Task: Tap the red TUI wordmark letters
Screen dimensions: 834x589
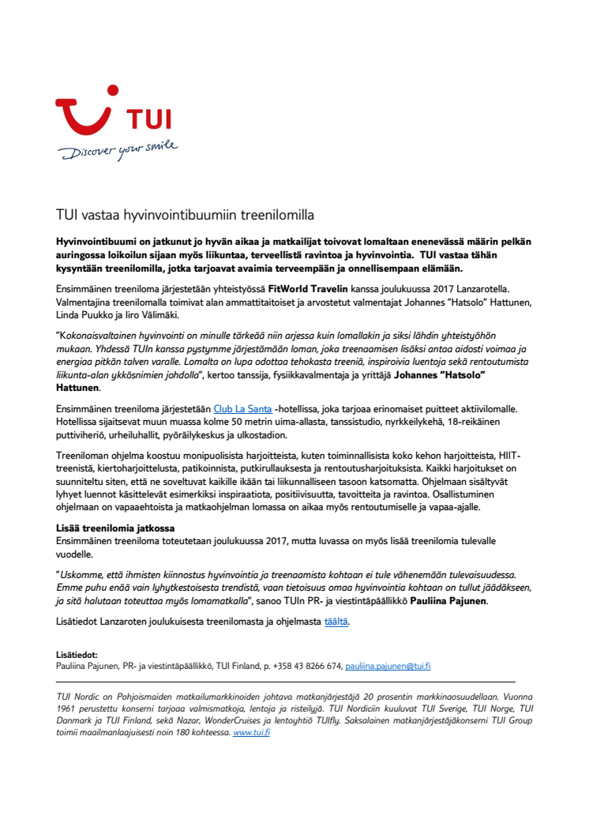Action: click(x=149, y=121)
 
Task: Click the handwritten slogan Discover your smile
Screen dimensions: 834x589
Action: click(x=119, y=150)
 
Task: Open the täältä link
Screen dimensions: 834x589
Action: click(x=336, y=622)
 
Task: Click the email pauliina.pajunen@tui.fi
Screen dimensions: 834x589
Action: click(x=388, y=666)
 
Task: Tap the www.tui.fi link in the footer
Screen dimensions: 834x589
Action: click(x=251, y=733)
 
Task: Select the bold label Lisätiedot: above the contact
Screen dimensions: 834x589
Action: click(x=77, y=655)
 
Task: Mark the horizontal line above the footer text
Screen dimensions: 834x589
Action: click(x=285, y=681)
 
